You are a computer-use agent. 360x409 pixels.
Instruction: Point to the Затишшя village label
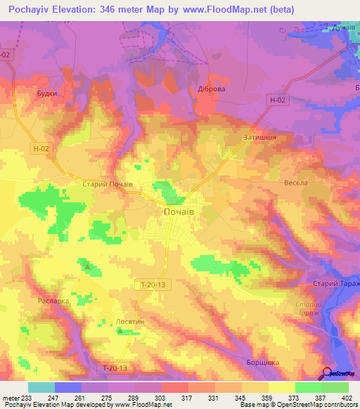259,137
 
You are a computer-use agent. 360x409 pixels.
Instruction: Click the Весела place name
296,183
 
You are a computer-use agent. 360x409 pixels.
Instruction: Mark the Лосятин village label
130,320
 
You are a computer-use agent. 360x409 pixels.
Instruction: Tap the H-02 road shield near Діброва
278,100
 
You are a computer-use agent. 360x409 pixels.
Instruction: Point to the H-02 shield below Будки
41,148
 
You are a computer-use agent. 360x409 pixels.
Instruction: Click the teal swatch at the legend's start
41,387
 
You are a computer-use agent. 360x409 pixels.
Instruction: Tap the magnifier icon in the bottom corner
326,373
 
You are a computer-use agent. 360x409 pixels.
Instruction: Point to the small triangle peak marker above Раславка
87,267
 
